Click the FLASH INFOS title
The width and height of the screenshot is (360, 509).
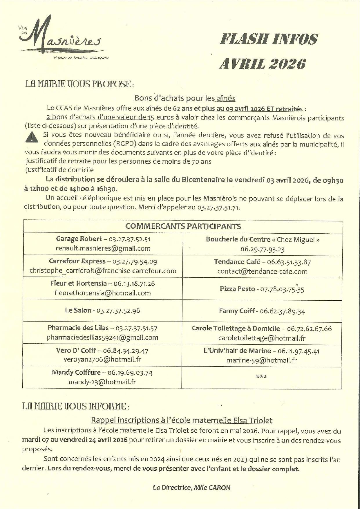(269, 39)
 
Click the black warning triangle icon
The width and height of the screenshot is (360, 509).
(32, 137)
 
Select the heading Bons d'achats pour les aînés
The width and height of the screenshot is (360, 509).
(184, 98)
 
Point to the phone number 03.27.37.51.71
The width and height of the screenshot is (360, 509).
(218, 207)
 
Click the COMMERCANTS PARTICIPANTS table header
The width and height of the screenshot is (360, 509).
(183, 226)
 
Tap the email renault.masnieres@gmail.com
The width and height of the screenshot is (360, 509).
(103, 248)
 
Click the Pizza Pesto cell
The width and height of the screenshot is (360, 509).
(262, 289)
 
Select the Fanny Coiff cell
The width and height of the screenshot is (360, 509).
(262, 311)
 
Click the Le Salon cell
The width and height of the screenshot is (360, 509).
(102, 311)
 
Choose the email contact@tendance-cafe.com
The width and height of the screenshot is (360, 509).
(262, 271)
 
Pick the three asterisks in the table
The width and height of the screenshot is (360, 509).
(261, 377)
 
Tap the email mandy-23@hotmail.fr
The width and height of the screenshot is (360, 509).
(102, 382)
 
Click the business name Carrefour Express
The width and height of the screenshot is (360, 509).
(77, 261)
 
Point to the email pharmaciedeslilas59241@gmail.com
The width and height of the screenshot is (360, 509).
(102, 337)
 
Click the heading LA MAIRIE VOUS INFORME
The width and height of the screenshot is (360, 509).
(76, 406)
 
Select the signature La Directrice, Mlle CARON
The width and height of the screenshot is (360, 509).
(191, 488)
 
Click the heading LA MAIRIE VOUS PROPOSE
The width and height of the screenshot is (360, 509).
(80, 84)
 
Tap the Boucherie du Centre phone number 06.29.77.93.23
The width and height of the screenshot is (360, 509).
(262, 249)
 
